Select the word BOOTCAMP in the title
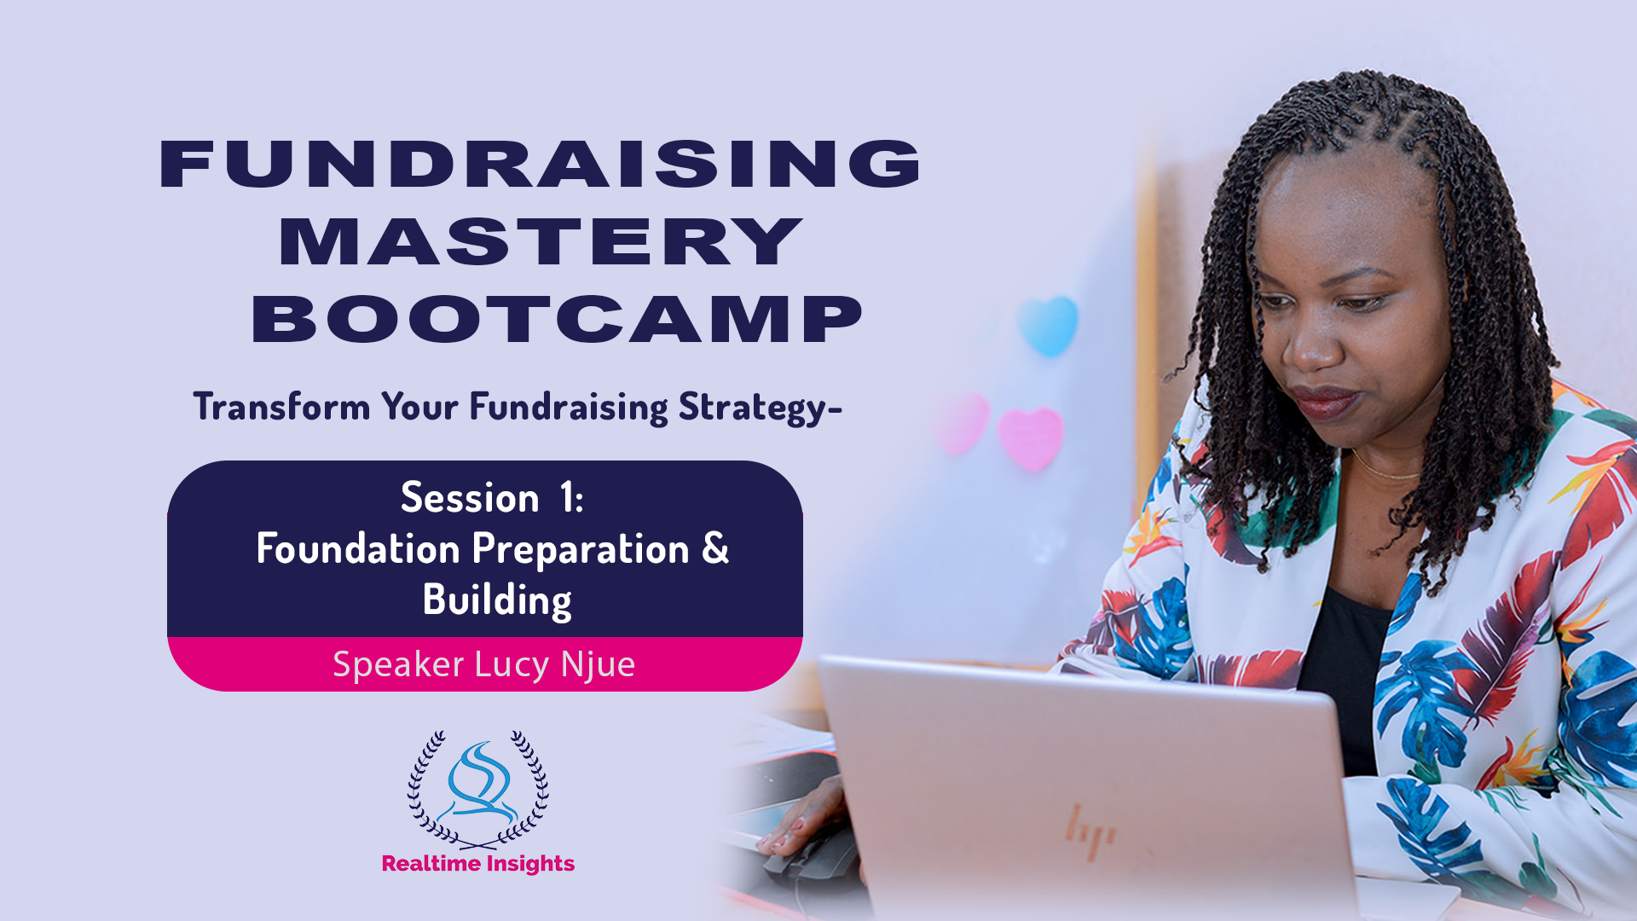pyautogui.click(x=558, y=320)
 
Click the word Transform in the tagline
pyautogui.click(x=281, y=407)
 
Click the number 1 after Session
pyautogui.click(x=568, y=497)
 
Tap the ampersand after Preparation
pyautogui.click(x=715, y=547)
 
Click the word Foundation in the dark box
pyautogui.click(x=358, y=548)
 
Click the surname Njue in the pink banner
pyautogui.click(x=598, y=665)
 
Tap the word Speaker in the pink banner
pyautogui.click(x=398, y=665)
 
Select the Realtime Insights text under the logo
pyautogui.click(x=478, y=864)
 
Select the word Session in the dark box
pyautogui.click(x=470, y=497)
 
